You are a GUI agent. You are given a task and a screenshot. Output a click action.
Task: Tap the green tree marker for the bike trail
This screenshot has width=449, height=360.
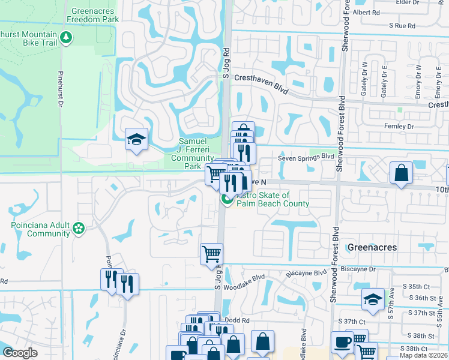pos(66,38)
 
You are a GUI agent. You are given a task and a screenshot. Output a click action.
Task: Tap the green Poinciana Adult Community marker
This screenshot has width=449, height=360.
pos(78,228)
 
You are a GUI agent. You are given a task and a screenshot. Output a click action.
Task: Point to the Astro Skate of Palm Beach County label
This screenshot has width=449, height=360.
pos(271,199)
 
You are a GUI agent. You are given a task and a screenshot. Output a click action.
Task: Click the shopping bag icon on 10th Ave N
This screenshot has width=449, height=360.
pos(400,173)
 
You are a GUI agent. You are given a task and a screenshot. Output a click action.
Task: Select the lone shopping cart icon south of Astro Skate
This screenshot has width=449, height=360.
pos(211,254)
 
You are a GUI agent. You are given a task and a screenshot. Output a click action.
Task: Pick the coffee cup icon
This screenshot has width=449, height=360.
pos(343,342)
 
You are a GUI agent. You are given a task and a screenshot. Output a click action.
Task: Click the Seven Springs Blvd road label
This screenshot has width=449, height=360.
pos(306,157)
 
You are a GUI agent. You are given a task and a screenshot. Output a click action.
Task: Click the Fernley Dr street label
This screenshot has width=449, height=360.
pos(398,127)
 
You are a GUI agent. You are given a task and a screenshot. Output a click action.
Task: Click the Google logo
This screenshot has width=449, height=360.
pos(20,353)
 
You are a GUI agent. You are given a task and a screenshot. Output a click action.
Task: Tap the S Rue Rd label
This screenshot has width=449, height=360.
pos(402,26)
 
